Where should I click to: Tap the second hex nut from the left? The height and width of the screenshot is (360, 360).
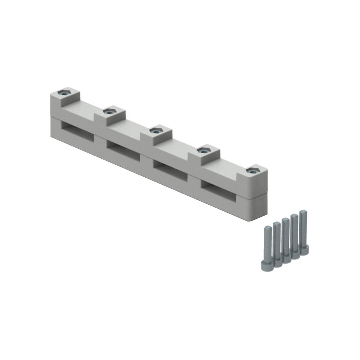pyautogui.click(x=108, y=112)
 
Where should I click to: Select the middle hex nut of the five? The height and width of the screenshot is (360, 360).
pyautogui.click(x=154, y=130)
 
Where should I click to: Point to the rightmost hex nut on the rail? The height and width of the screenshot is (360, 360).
pyautogui.click(x=250, y=170)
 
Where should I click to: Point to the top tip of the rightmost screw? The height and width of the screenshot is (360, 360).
pyautogui.click(x=303, y=212)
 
